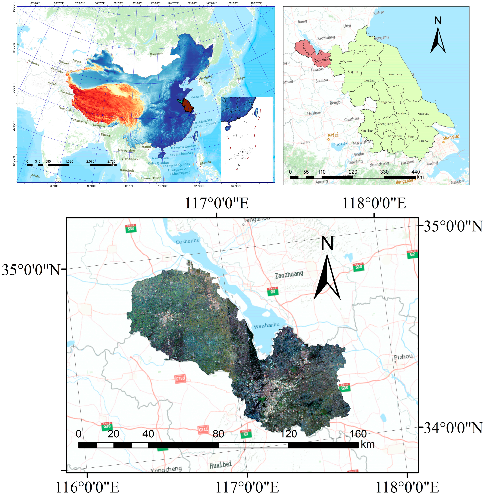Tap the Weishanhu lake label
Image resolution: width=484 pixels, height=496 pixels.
[266, 325]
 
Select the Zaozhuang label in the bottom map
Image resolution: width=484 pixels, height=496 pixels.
[289, 275]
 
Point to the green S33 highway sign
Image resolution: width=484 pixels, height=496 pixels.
[131, 228]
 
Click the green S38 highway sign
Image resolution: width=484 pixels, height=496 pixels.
[358, 267]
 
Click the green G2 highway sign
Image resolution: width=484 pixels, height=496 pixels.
[412, 254]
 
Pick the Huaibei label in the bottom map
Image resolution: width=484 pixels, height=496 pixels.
[221, 465]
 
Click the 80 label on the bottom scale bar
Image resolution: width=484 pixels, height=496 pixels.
[218, 434]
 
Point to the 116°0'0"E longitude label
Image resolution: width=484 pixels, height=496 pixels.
[87, 487]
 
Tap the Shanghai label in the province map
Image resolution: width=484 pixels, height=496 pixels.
[451, 137]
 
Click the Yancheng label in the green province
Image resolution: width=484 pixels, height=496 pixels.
[395, 74]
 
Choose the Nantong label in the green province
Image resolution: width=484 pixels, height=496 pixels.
[423, 114]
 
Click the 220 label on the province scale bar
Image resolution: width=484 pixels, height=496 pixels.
[353, 172]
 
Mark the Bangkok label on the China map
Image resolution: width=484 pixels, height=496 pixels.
[127, 170]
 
